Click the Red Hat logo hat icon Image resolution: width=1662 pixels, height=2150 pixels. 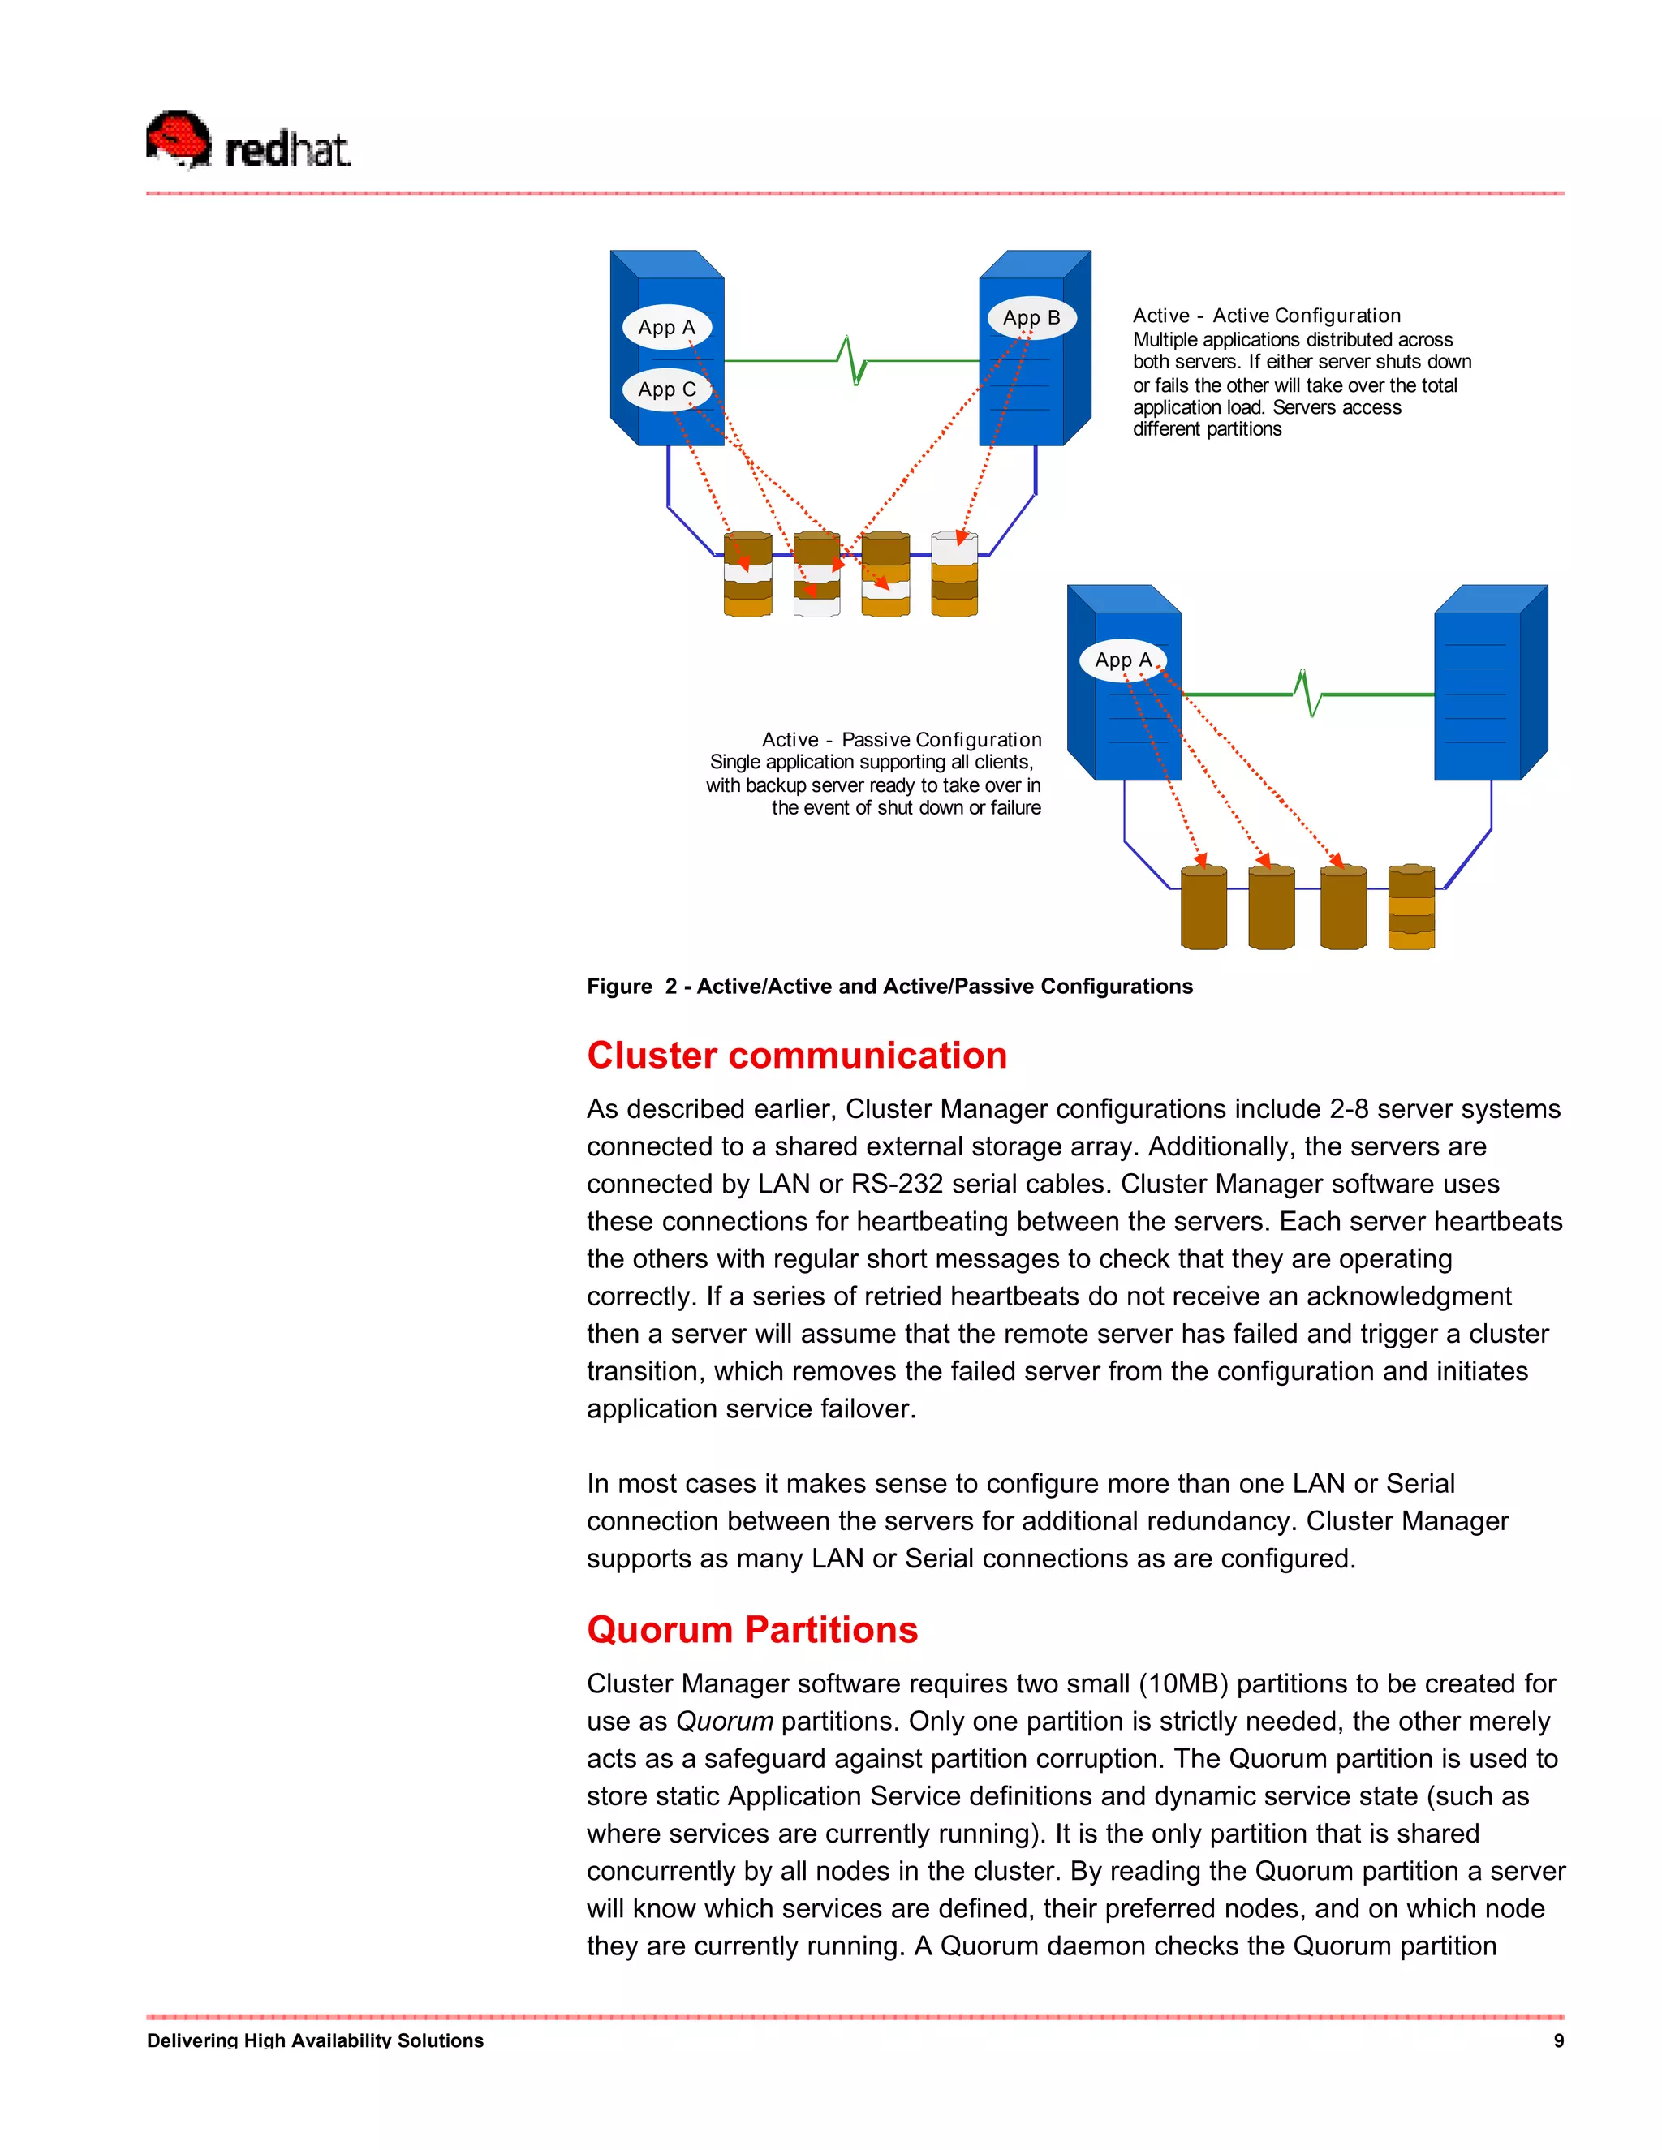(x=179, y=138)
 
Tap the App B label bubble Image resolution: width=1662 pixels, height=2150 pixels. (x=1031, y=317)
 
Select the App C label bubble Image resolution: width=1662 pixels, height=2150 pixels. (x=666, y=389)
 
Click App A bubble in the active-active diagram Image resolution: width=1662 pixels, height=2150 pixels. (x=666, y=327)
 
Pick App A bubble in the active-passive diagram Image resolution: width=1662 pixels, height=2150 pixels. (x=1122, y=660)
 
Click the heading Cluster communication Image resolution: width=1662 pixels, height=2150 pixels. (x=797, y=1056)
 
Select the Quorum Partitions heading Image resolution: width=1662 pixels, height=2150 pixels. (x=752, y=1630)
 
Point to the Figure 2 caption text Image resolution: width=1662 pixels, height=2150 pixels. (x=889, y=987)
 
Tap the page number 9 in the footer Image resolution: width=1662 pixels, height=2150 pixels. (x=1557, y=2040)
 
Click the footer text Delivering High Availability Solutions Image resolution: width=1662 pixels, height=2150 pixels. (x=315, y=2040)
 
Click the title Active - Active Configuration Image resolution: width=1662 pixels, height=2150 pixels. (x=1266, y=316)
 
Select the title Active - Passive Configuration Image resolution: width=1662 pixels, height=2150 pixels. (x=901, y=739)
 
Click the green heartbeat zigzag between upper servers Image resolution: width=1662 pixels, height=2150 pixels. (x=854, y=360)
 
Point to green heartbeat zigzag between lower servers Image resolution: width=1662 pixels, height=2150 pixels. (x=1308, y=693)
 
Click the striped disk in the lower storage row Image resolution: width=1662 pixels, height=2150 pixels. (x=1411, y=908)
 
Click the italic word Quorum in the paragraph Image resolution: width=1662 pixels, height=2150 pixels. (x=724, y=1722)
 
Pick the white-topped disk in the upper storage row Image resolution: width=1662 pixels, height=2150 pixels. (x=954, y=574)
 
